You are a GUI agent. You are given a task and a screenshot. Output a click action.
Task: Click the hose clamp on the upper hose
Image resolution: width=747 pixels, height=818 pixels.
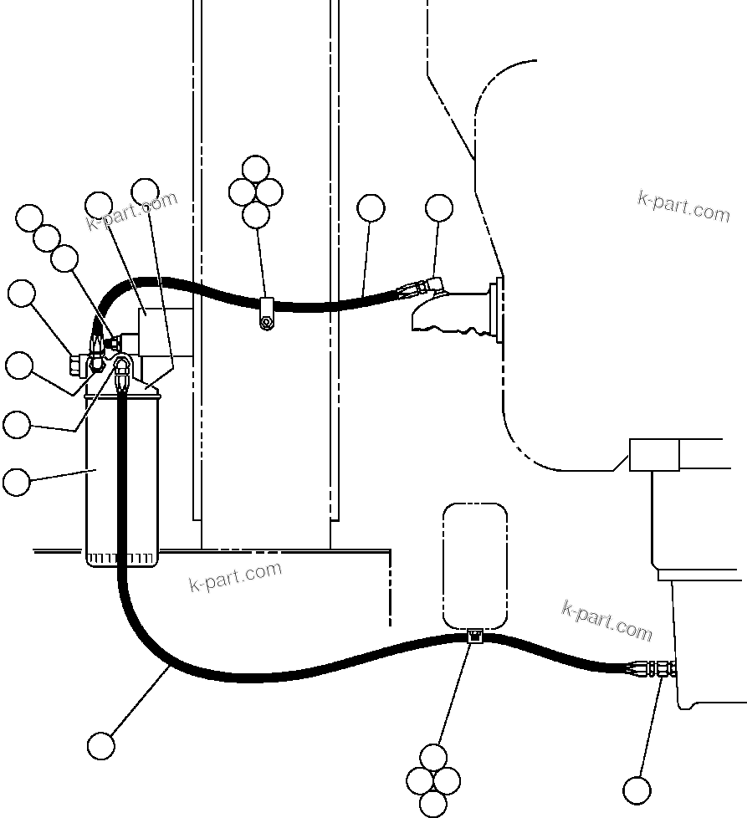266,313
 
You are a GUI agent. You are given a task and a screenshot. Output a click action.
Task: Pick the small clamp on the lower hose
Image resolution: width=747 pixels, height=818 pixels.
474,637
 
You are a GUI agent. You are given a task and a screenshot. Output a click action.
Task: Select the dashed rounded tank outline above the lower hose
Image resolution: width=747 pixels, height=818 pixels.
474,565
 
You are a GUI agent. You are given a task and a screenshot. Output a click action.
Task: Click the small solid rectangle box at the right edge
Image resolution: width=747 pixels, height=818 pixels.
654,455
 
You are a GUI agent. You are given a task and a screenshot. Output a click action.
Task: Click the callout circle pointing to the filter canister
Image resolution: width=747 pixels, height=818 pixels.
17,482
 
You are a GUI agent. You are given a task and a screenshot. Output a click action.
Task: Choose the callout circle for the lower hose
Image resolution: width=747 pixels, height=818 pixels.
101,745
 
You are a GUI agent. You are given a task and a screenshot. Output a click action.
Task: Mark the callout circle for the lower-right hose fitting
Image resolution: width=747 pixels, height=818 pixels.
637,789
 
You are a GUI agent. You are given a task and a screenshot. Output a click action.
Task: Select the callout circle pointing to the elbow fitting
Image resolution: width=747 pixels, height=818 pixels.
439,207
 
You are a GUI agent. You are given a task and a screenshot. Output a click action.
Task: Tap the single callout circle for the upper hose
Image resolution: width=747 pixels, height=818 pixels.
371,207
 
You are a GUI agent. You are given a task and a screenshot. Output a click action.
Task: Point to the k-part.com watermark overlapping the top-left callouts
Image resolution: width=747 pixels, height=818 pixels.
131,212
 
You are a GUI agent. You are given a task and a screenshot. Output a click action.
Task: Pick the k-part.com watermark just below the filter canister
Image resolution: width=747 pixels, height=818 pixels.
235,576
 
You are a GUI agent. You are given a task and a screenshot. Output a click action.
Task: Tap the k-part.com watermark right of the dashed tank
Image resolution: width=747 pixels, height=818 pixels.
606,621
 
